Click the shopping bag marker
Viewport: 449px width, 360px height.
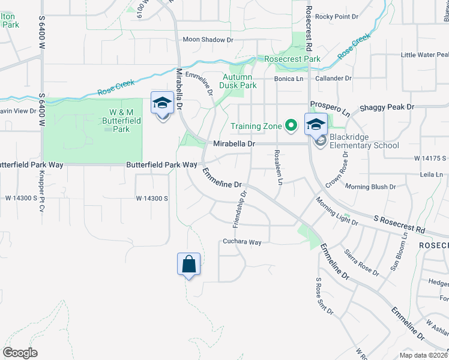coord(188,264)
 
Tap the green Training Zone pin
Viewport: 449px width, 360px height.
coord(291,125)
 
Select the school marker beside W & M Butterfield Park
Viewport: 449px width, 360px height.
coord(162,104)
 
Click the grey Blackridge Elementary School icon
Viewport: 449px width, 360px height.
coord(321,141)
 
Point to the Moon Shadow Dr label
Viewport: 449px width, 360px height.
coord(208,40)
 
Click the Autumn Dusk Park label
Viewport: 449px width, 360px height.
coord(240,81)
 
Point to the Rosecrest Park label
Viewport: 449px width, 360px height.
coord(293,59)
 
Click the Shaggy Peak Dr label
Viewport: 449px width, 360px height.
coord(387,107)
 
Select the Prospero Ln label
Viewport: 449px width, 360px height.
coord(329,109)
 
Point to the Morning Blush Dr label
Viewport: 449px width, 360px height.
coord(370,187)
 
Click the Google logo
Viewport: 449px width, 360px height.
coord(20,352)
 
